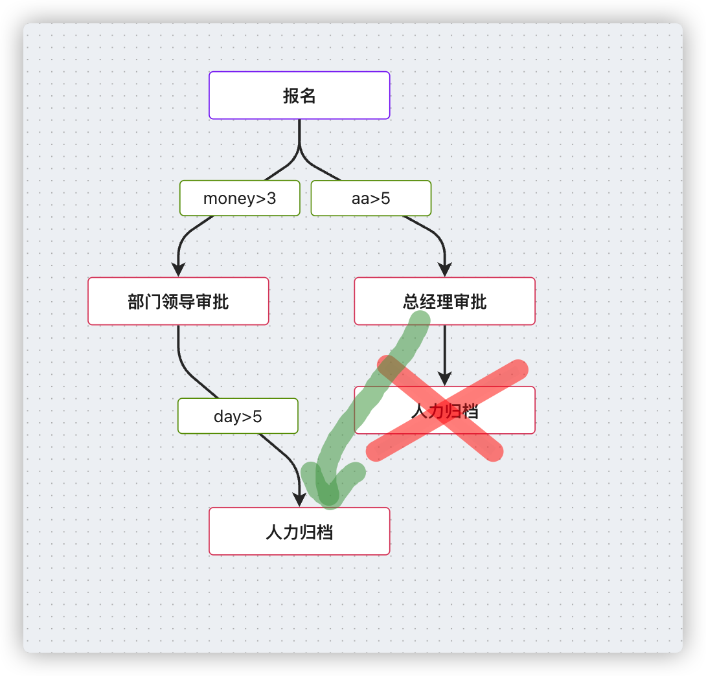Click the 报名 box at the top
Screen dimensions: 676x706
coord(299,95)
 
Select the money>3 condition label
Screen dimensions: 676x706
coord(240,198)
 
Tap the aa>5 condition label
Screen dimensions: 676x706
coord(371,198)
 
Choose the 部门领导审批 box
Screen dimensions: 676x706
coord(178,301)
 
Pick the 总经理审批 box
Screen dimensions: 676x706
coord(444,301)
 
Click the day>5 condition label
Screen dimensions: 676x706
coord(238,416)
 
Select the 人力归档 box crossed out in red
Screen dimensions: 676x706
coord(444,410)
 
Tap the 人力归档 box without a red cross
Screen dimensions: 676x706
coord(299,531)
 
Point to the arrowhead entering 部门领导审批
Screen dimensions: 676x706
coord(178,270)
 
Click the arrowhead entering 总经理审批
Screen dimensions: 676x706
coord(444,270)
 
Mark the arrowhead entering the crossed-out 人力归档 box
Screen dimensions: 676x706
coord(444,379)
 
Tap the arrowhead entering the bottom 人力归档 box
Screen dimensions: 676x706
coord(299,500)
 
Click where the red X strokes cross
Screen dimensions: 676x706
coord(445,410)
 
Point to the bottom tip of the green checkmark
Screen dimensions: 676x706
coord(328,496)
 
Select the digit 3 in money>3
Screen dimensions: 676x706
coord(272,198)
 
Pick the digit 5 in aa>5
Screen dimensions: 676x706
coord(386,198)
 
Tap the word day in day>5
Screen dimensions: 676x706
coord(227,416)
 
